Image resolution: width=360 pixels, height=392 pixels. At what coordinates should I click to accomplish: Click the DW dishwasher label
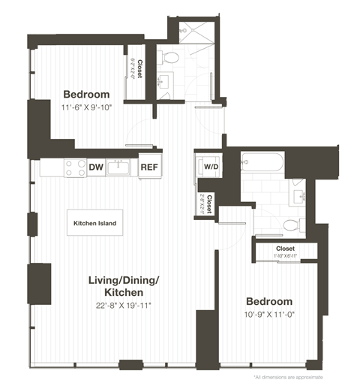point(95,167)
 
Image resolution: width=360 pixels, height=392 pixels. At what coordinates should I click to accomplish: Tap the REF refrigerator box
point(149,167)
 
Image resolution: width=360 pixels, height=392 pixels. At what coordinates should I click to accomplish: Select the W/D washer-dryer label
point(210,167)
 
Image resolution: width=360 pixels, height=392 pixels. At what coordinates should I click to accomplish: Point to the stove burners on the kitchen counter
point(74,167)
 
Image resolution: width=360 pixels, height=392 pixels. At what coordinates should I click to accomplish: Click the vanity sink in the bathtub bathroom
point(303,197)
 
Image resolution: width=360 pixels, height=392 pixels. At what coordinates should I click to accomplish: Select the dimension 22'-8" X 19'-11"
point(124,305)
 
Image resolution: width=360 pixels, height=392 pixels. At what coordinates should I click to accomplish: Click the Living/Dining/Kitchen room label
point(124,286)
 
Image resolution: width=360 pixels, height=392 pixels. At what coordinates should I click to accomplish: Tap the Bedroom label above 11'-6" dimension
point(86,95)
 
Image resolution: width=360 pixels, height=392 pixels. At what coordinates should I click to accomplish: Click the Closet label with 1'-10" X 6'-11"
point(285,249)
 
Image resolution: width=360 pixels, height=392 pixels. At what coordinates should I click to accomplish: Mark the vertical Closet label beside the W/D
point(209,204)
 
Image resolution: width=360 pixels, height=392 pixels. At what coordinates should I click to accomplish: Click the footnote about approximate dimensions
point(288,376)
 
